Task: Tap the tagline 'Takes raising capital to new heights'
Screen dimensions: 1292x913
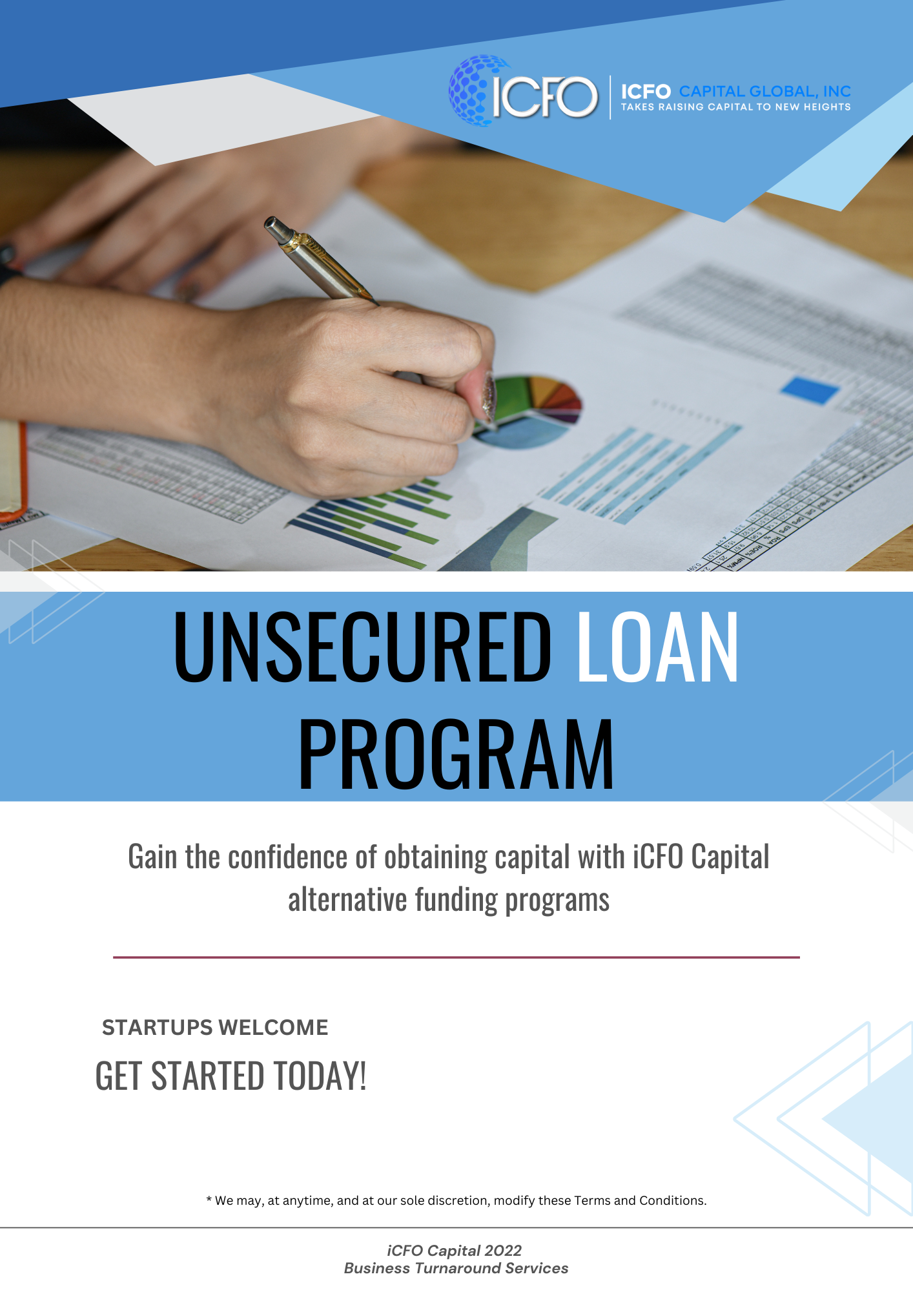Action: (x=735, y=107)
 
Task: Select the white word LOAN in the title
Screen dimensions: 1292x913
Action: (x=657, y=647)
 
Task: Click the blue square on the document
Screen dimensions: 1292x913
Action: (x=810, y=390)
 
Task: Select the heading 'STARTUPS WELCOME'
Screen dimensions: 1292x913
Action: (x=215, y=1027)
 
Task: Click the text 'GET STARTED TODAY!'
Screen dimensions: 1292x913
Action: (x=231, y=1076)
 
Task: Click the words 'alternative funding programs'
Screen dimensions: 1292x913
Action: (x=449, y=900)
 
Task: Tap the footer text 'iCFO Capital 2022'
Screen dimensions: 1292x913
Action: (x=455, y=1251)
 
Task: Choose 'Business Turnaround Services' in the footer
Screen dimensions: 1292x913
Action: (x=456, y=1268)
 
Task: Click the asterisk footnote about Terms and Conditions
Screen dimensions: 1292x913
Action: (x=456, y=1200)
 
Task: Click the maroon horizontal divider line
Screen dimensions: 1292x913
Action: (x=456, y=957)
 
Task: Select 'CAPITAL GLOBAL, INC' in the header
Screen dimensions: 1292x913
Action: (x=764, y=91)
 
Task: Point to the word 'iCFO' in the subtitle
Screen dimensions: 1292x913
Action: (x=657, y=857)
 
